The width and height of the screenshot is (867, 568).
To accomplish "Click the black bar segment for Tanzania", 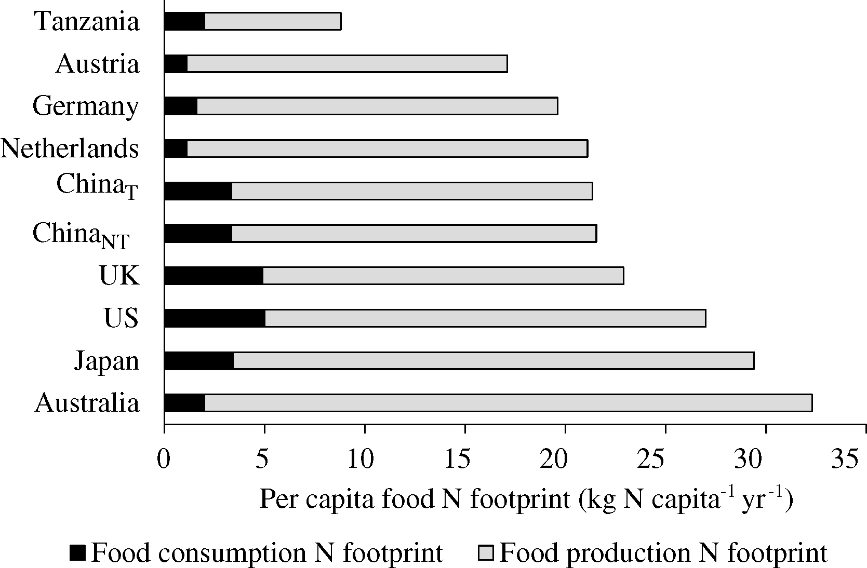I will pyautogui.click(x=184, y=21).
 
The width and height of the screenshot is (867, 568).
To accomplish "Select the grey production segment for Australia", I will pyautogui.click(x=508, y=403).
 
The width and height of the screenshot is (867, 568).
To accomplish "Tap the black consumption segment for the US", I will pyautogui.click(x=215, y=318).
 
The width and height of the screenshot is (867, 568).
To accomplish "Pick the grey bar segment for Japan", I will pyautogui.click(x=493, y=360).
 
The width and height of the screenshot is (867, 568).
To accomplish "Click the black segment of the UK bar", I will pyautogui.click(x=214, y=276).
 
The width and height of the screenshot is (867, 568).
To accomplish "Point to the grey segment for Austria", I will pyautogui.click(x=346, y=64).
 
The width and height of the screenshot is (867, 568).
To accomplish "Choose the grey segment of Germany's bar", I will pyautogui.click(x=377, y=106).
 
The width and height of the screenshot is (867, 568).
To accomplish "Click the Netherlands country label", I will pyautogui.click(x=70, y=149).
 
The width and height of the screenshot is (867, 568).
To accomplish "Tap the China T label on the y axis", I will pyautogui.click(x=97, y=186).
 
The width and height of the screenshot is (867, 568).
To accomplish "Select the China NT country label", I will pyautogui.click(x=81, y=235).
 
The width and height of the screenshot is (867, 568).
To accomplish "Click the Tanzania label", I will pyautogui.click(x=87, y=22).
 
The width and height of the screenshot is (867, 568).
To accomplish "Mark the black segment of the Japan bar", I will pyautogui.click(x=198, y=360).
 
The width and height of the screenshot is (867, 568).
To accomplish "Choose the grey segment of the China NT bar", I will pyautogui.click(x=414, y=234).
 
